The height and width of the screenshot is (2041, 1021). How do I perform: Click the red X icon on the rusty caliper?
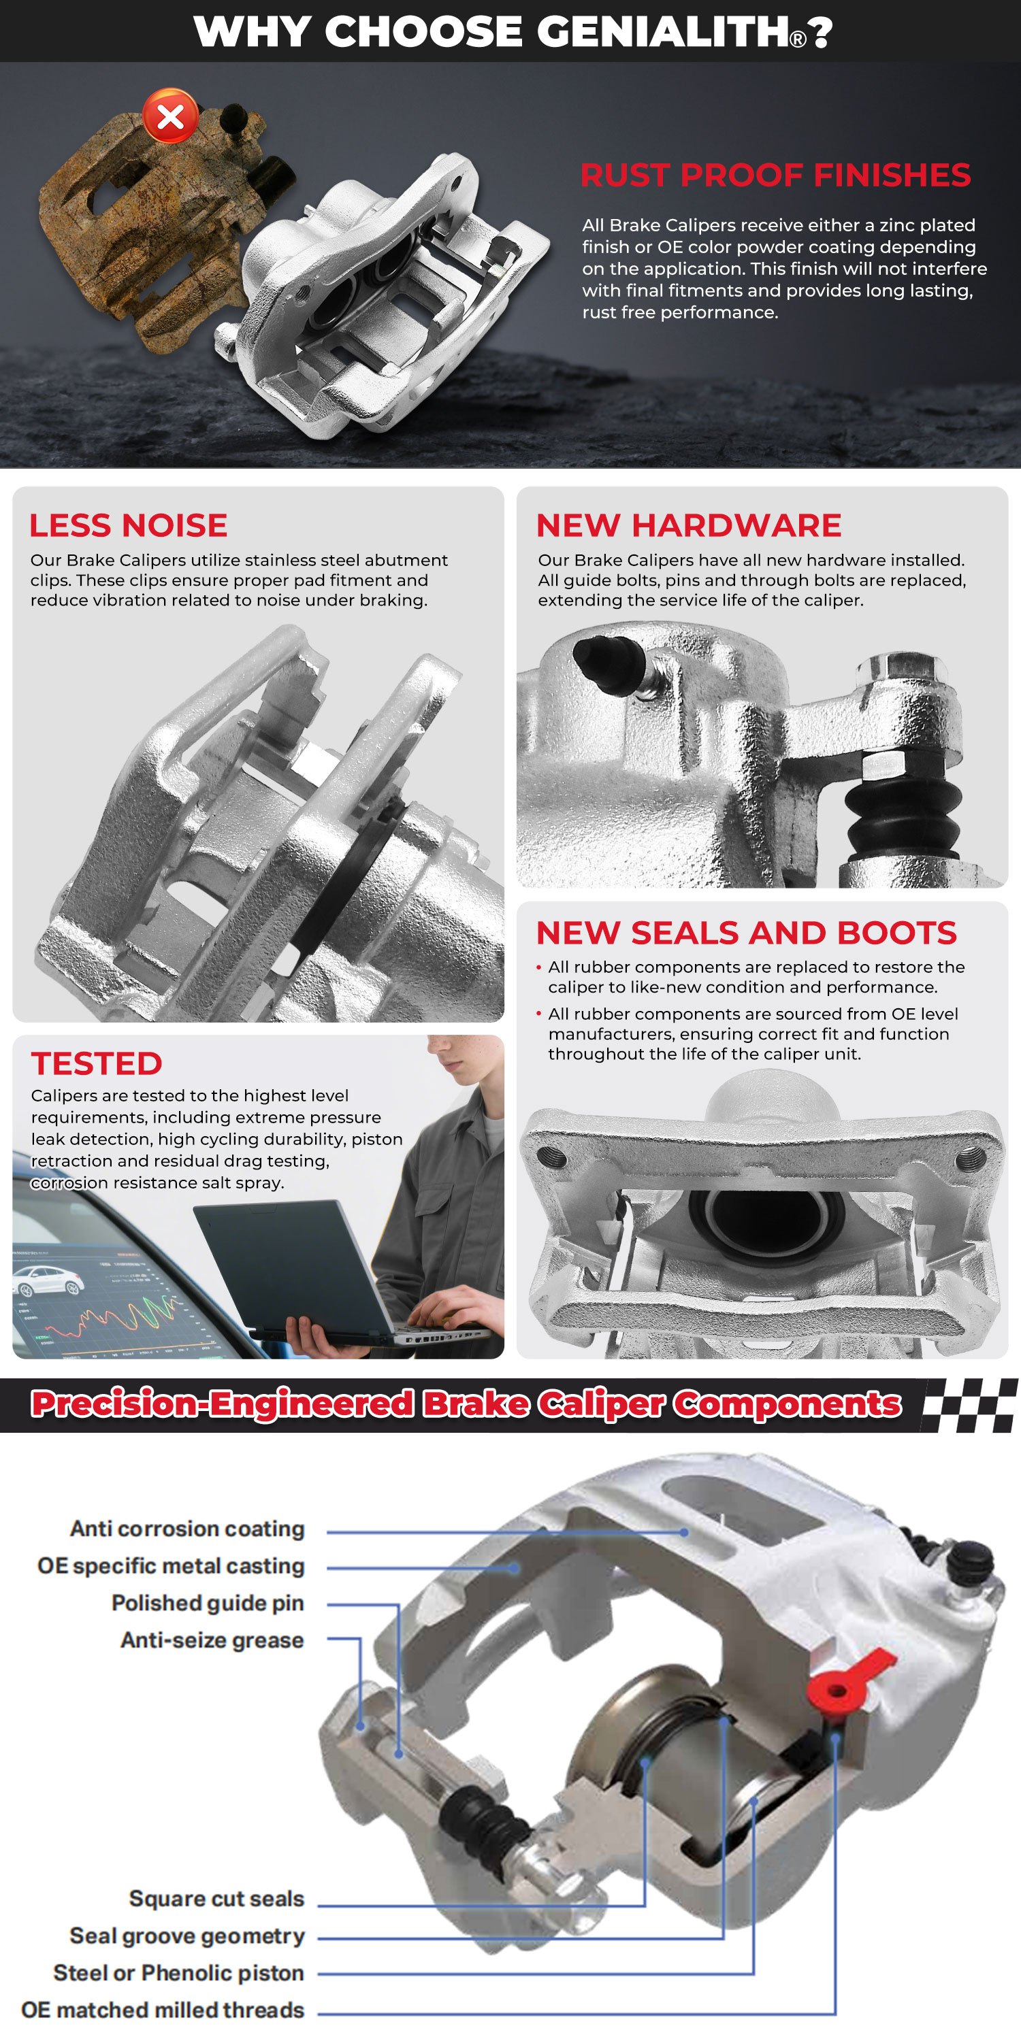170,116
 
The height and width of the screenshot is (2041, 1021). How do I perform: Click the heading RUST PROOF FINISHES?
775,175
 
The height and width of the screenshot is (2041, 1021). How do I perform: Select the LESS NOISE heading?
129,525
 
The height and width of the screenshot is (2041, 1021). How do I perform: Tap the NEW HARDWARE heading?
689,525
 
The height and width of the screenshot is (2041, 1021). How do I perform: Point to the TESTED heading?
97,1063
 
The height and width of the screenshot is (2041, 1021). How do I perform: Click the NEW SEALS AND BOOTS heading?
747,933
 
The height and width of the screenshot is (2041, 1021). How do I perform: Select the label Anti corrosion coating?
187,1529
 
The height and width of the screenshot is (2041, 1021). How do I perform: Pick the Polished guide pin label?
208,1603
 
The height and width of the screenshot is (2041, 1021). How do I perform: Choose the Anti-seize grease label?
212,1640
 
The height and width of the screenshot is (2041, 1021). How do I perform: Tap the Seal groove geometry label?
187,1936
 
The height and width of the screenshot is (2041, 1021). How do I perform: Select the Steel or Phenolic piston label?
179,1973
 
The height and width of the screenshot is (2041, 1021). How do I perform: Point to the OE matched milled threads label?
163,2010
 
